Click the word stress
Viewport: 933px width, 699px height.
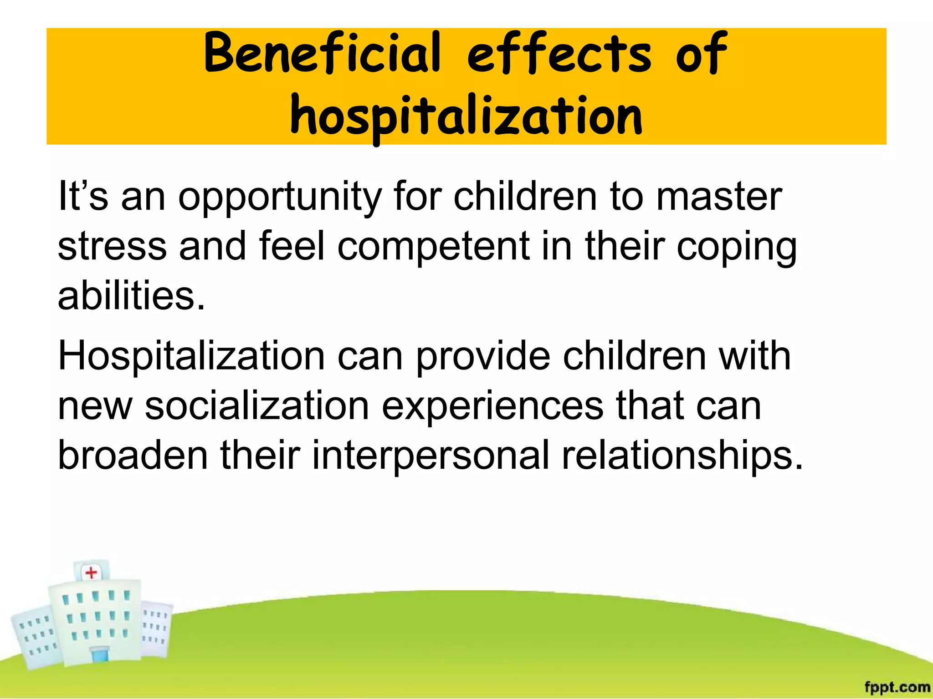pyautogui.click(x=112, y=246)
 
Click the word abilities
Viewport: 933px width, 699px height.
pyautogui.click(x=131, y=296)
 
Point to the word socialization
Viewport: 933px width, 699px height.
pyautogui.click(x=256, y=406)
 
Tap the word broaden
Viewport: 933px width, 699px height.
pyautogui.click(x=133, y=456)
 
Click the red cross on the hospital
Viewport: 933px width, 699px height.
pyautogui.click(x=91, y=572)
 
